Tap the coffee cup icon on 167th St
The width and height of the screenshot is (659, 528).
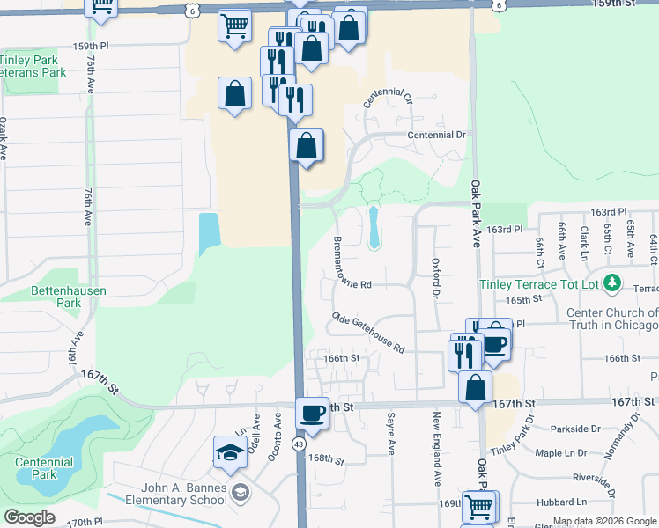point(312,412)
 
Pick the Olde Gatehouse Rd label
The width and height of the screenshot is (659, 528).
point(368,332)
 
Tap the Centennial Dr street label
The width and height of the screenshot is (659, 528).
point(435,135)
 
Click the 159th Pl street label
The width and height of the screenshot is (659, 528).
point(91,46)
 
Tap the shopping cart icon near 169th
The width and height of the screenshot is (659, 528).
point(479,507)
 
